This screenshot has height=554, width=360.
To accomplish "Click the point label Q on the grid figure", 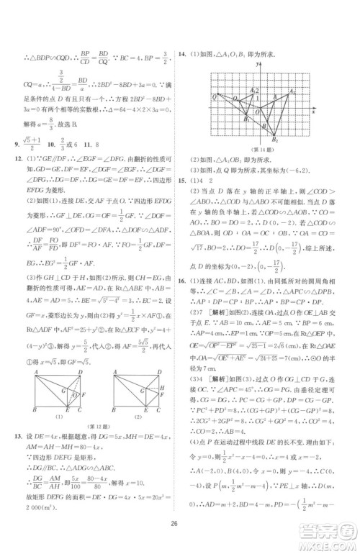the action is point(214,96).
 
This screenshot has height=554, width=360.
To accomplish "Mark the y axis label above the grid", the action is point(257,65).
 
